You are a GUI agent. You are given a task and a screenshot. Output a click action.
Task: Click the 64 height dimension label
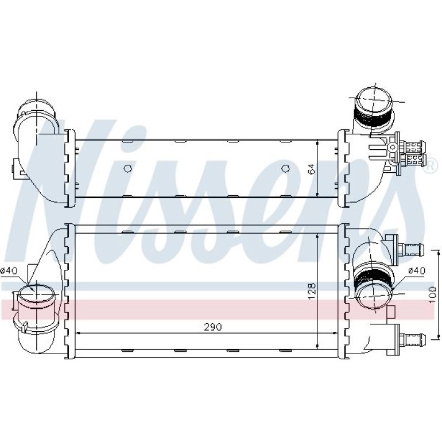[x=312, y=168]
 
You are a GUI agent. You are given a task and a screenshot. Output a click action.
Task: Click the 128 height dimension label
[x=312, y=291]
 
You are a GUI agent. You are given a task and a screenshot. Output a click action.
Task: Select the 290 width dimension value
[x=214, y=327]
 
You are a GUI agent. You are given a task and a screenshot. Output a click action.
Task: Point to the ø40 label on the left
[x=9, y=270]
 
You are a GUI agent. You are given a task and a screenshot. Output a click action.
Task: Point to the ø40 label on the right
[x=417, y=270]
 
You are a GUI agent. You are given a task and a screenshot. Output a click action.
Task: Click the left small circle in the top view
[x=127, y=169]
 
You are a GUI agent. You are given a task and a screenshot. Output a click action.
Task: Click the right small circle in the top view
[x=285, y=169]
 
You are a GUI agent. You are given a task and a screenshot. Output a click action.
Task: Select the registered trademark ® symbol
[x=430, y=166]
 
